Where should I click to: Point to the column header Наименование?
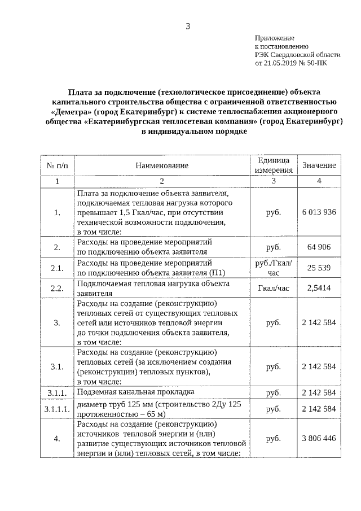(x=161, y=165)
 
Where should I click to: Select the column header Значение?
(x=319, y=165)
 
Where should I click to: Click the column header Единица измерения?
(x=273, y=165)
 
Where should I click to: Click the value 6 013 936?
(x=319, y=212)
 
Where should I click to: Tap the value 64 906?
(x=319, y=247)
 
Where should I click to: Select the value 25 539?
(x=319, y=267)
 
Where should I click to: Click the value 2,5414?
(x=319, y=289)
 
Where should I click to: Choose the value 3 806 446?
(x=319, y=438)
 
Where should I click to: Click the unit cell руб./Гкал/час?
(x=273, y=267)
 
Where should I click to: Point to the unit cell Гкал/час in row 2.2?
(x=273, y=289)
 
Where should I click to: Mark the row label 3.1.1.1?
(x=57, y=408)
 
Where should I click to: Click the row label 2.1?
(x=57, y=268)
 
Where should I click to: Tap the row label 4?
(x=57, y=438)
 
